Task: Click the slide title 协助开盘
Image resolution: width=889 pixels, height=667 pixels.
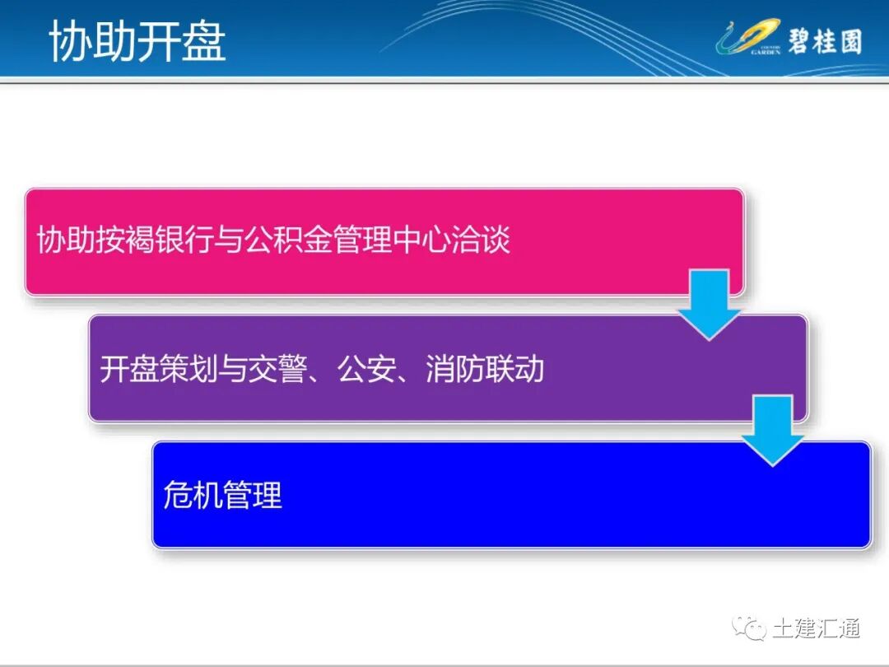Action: (137, 41)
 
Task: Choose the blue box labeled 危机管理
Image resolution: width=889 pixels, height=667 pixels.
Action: (510, 495)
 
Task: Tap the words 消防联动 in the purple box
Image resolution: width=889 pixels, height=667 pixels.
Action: (485, 368)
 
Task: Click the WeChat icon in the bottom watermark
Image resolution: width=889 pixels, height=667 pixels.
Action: (748, 628)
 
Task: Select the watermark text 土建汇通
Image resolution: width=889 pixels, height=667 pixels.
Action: (816, 628)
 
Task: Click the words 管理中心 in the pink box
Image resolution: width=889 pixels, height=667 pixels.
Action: (393, 240)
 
